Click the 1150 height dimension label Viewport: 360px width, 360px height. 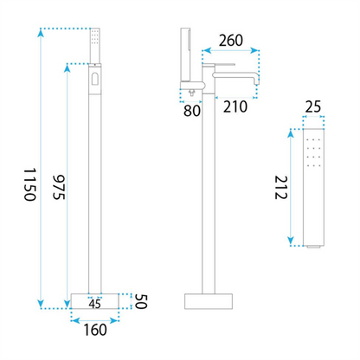(29, 184)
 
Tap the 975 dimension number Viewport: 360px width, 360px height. (59, 187)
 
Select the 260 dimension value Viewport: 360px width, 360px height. (231, 41)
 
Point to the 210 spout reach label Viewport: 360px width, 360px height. (235, 106)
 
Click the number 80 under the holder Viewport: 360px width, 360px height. (192, 111)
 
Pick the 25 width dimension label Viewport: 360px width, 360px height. (313, 107)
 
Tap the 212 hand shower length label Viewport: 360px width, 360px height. (280, 188)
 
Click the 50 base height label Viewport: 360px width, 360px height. (141, 301)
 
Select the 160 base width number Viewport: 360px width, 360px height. (95, 330)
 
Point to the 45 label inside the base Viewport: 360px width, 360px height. (95, 304)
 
